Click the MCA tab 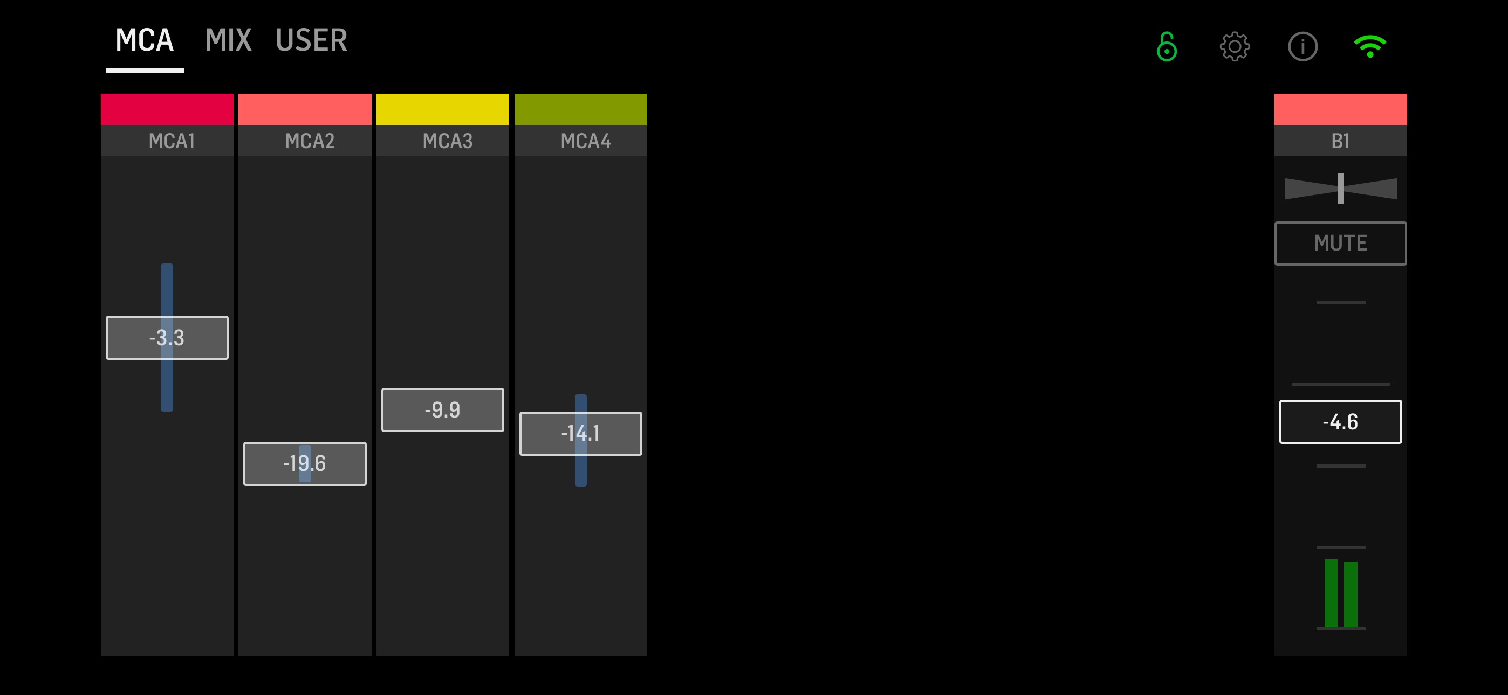(144, 40)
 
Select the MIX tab (228, 40)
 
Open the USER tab (311, 40)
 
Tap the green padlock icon (1166, 46)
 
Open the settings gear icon (1235, 46)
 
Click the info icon (1303, 46)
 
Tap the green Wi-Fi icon (1370, 46)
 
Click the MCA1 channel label (172, 141)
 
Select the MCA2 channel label (310, 141)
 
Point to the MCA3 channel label (448, 141)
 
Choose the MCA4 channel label (585, 141)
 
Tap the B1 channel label (1341, 141)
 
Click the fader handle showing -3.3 (167, 338)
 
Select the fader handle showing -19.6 (305, 463)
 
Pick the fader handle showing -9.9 (443, 409)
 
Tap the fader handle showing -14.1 (581, 434)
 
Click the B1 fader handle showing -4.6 (1341, 422)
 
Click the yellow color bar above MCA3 (443, 109)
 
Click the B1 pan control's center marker (1341, 189)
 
